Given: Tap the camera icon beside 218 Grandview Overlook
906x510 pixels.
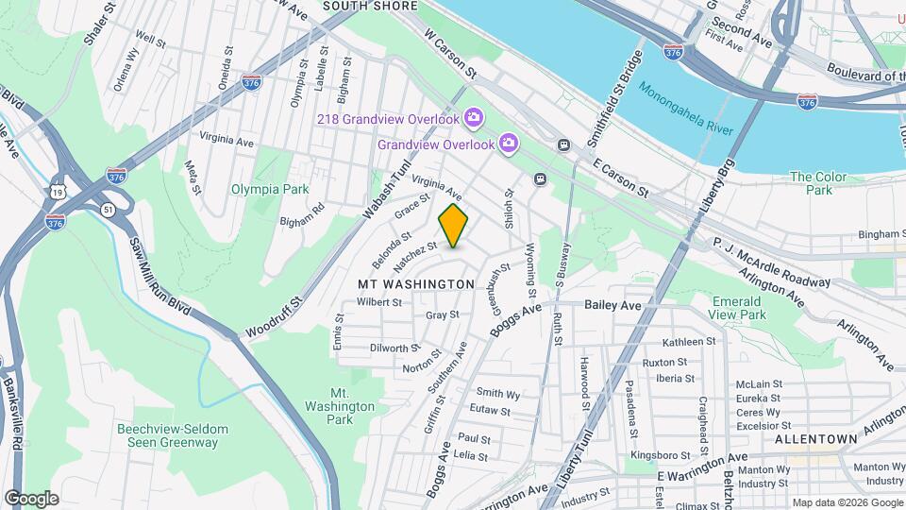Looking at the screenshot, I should pos(474,118).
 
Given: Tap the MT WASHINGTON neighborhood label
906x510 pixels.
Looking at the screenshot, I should pos(415,284).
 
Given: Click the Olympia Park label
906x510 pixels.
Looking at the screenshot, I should pos(270,189).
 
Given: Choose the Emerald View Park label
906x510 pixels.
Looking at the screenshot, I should pos(738,308).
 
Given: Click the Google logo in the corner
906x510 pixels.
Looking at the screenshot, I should pos(31,499).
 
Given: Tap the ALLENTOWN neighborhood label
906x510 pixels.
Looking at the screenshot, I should pos(815,440).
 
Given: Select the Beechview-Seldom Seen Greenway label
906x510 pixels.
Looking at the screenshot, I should pos(173,435).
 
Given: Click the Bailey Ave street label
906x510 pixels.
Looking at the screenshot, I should pos(612,305).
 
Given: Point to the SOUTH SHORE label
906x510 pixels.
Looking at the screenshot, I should pos(370,6).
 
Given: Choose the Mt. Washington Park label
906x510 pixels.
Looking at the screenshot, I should pos(340,405).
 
